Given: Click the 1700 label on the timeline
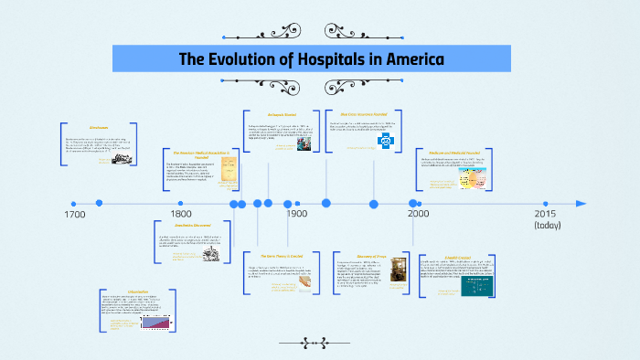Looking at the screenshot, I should coord(76,215).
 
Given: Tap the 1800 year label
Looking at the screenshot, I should coord(181,215).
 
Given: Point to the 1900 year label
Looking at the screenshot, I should coord(295,215).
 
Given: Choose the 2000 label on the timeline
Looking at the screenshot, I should coord(418,215).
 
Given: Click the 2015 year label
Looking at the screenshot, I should coord(547,213).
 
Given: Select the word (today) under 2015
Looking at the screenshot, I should coord(548,226).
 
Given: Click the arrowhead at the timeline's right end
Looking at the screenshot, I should coord(580,203).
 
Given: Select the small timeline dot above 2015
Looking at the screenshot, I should coord(546,203).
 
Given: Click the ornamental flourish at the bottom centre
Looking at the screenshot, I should coord(320,344).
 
